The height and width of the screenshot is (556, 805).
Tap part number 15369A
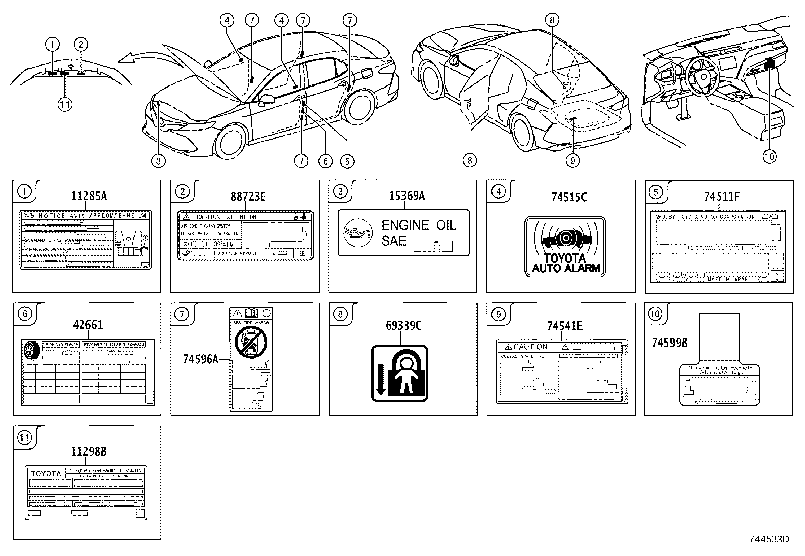pyautogui.click(x=407, y=196)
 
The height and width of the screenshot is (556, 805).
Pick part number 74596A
pyautogui.click(x=201, y=359)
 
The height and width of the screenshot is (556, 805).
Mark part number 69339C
pyautogui.click(x=404, y=326)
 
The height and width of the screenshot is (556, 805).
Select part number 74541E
pyautogui.click(x=564, y=326)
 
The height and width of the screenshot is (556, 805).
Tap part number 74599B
pyautogui.click(x=669, y=343)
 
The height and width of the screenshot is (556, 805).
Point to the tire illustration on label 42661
pyautogui.click(x=31, y=350)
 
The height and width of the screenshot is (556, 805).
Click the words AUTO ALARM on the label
pyautogui.click(x=565, y=269)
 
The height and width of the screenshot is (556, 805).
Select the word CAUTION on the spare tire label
pyautogui.click(x=530, y=347)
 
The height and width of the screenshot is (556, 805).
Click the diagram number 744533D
pyautogui.click(x=769, y=539)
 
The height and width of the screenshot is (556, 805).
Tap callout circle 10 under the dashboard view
pyautogui.click(x=769, y=157)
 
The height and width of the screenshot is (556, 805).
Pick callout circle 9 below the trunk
pyautogui.click(x=572, y=160)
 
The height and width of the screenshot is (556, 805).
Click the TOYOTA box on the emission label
pyautogui.click(x=46, y=474)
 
